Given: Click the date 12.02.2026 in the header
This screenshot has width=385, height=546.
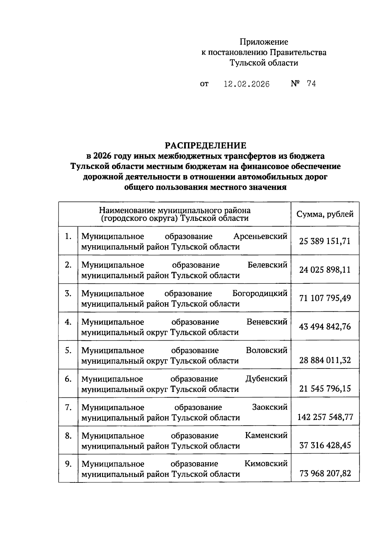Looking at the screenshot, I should (247, 84).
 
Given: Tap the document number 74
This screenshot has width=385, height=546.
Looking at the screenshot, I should (311, 84).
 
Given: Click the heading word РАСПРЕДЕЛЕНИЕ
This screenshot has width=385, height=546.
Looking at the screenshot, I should (206, 145).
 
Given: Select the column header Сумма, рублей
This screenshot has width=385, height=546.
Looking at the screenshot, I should (325, 214).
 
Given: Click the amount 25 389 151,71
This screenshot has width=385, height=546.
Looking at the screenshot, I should (325, 241).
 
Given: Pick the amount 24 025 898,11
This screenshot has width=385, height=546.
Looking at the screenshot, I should (325, 270).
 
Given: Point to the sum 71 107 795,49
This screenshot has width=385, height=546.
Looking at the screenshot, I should (325, 298).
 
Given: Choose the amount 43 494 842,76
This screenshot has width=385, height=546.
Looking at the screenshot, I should (325, 327).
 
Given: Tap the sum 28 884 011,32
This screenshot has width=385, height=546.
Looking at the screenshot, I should (325, 360).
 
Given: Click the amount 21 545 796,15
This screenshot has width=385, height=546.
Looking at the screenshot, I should (325, 389).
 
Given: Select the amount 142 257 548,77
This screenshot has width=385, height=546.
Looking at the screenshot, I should (325, 417).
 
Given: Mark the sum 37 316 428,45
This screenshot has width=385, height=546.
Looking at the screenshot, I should (325, 445).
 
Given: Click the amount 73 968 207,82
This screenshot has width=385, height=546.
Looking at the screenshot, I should (325, 473).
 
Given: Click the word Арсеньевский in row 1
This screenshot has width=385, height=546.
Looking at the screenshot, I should (260, 237).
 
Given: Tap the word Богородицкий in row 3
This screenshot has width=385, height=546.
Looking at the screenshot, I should (260, 294).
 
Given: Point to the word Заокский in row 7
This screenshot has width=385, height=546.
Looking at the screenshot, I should (269, 407).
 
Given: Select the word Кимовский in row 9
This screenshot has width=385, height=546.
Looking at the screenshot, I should (266, 464).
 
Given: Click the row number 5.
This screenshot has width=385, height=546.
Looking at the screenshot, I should (68, 350).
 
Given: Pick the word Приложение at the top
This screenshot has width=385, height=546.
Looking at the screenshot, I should (264, 42).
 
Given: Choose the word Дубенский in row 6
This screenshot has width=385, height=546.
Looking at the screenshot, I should (266, 379).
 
